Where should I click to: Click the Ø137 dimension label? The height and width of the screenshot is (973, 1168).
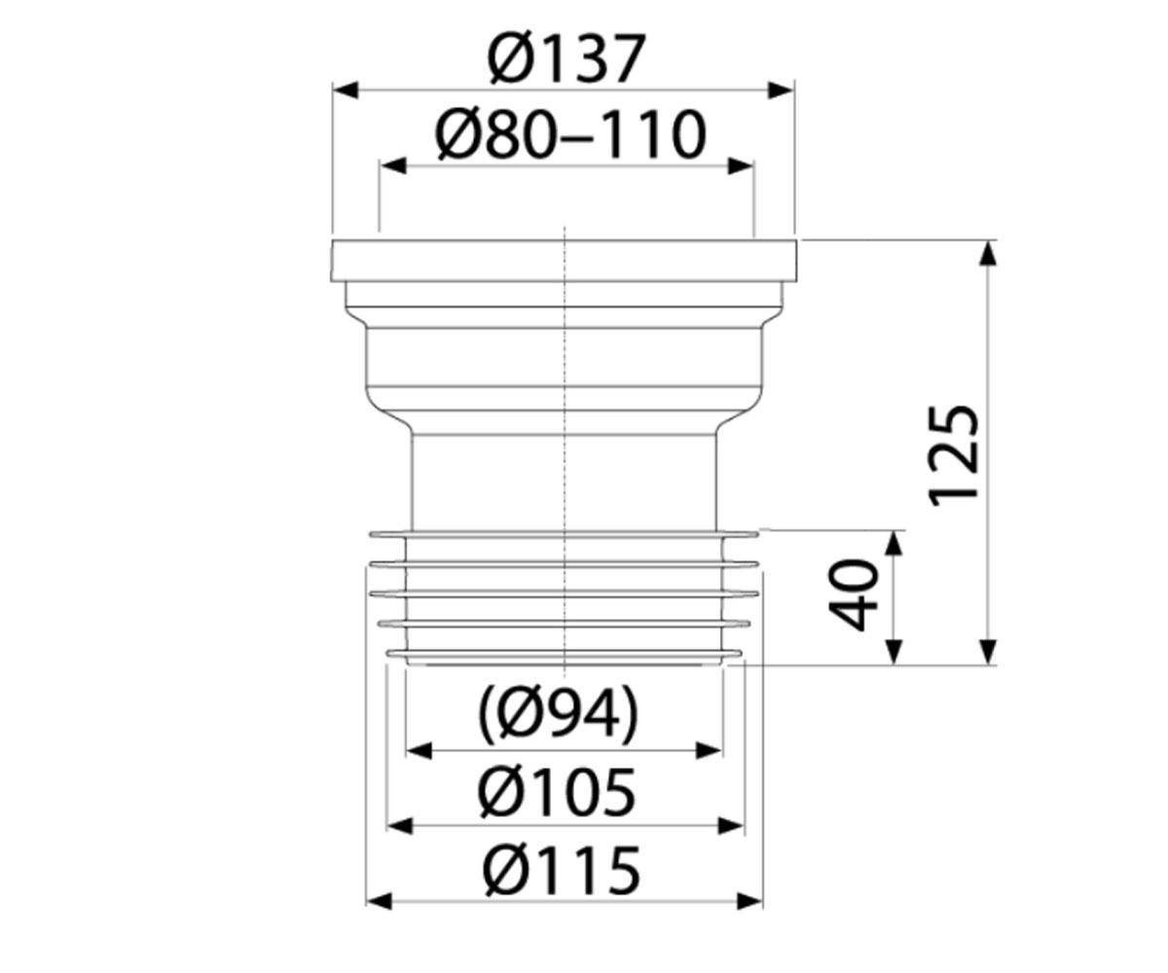(566, 58)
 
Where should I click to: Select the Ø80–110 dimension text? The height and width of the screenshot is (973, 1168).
(570, 134)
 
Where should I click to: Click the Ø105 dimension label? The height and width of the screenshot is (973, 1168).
(557, 792)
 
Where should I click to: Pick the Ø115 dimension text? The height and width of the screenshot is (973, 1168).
(561, 870)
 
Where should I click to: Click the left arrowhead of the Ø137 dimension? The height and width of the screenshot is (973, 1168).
(346, 90)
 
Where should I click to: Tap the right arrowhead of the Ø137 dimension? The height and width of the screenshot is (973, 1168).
(781, 90)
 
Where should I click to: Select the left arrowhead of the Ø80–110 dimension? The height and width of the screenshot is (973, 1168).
(392, 166)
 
